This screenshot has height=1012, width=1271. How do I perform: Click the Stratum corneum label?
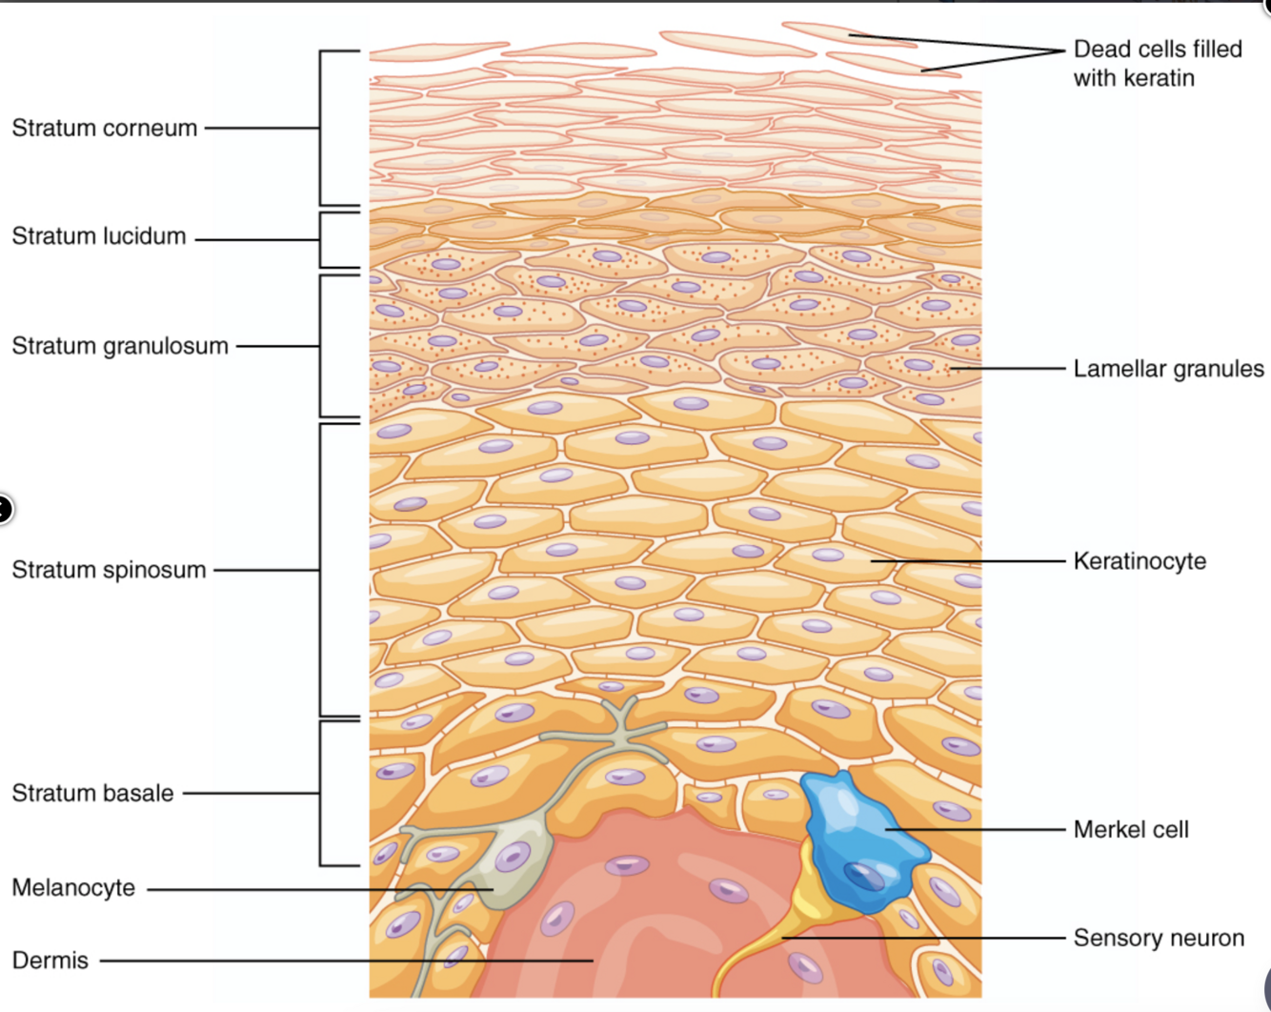click(104, 128)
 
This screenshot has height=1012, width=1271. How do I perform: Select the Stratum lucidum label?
click(98, 236)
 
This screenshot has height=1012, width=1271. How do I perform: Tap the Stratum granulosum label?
click(120, 346)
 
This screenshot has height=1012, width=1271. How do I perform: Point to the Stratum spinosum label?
click(109, 570)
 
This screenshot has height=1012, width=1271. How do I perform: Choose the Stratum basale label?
click(92, 793)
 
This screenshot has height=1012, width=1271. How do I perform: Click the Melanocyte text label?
click(73, 888)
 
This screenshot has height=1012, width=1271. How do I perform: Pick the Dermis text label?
click(50, 961)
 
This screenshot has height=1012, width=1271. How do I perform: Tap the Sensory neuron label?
click(1159, 938)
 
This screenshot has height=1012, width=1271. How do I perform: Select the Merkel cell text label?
click(1131, 829)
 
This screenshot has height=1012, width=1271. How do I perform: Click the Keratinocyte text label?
click(1140, 561)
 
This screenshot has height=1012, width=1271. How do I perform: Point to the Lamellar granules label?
click(1168, 369)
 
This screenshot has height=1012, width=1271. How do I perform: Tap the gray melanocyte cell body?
click(519, 858)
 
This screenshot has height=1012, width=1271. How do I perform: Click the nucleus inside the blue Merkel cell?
click(863, 875)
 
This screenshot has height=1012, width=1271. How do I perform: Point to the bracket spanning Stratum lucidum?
click(321, 240)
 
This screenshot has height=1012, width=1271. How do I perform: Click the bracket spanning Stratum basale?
click(321, 793)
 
